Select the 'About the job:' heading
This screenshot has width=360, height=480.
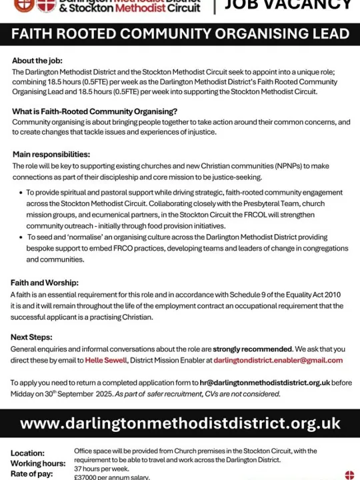point(37,61)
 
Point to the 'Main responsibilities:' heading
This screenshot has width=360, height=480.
point(51,154)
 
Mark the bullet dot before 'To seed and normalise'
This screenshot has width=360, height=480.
point(21,237)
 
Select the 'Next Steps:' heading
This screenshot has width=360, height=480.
point(32,337)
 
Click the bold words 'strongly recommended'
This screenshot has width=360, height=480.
point(253,349)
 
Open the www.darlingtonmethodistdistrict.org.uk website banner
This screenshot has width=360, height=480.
point(180,423)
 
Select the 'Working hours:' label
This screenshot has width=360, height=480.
point(37,463)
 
